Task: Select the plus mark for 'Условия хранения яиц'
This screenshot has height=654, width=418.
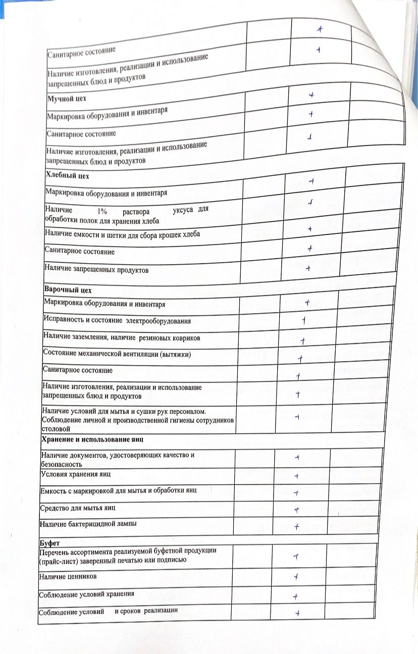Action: (x=297, y=476)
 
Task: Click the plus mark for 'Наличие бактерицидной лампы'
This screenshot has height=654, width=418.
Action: (x=297, y=527)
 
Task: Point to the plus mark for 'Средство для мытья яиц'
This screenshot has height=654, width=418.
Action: (x=297, y=510)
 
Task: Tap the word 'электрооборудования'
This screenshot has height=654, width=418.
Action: (x=159, y=321)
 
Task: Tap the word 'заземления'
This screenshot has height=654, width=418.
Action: (x=92, y=337)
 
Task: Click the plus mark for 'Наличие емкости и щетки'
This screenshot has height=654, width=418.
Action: (x=309, y=229)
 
